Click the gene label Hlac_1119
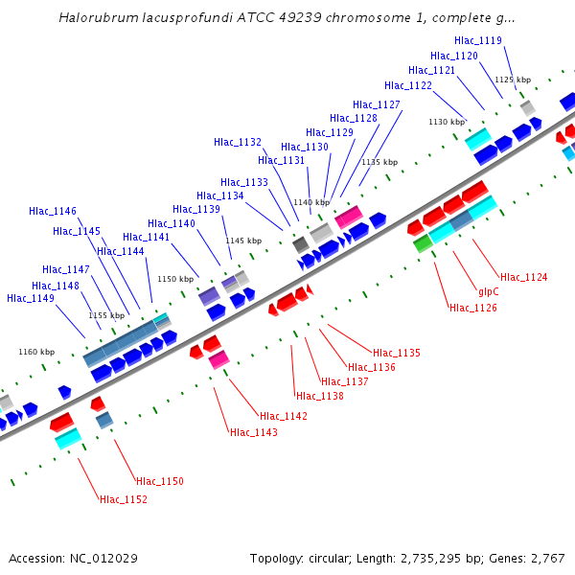pos(477,40)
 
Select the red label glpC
pos(489,291)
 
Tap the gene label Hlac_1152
pos(124,499)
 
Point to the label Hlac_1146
pos(53,211)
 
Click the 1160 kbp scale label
pos(36,352)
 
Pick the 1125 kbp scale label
pos(512,80)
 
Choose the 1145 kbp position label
pos(242,241)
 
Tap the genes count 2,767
pos(547,558)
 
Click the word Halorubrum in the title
pos(95,17)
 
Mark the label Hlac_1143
pos(253,432)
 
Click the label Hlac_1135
pos(396,353)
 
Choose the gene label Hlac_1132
pos(238,142)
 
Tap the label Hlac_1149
pos(30,298)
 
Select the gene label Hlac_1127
pos(376,104)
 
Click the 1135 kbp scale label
pos(379,162)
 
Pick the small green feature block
pos(423,243)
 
